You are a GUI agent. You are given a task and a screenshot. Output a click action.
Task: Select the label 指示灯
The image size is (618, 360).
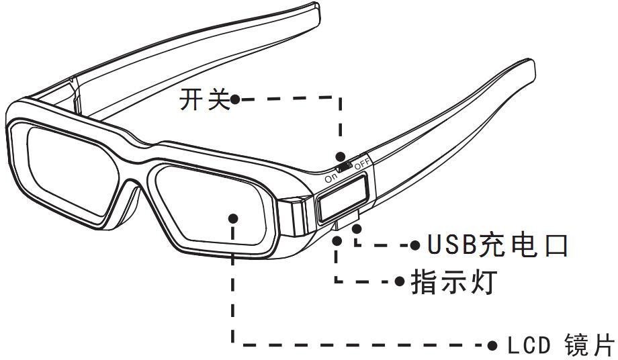(x=453, y=281)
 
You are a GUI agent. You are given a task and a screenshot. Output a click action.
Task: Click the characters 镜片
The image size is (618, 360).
(x=590, y=347)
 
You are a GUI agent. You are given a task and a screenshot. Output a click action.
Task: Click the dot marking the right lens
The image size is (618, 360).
(x=233, y=218)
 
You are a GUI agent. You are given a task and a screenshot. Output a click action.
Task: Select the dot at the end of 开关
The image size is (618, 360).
(x=235, y=100)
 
